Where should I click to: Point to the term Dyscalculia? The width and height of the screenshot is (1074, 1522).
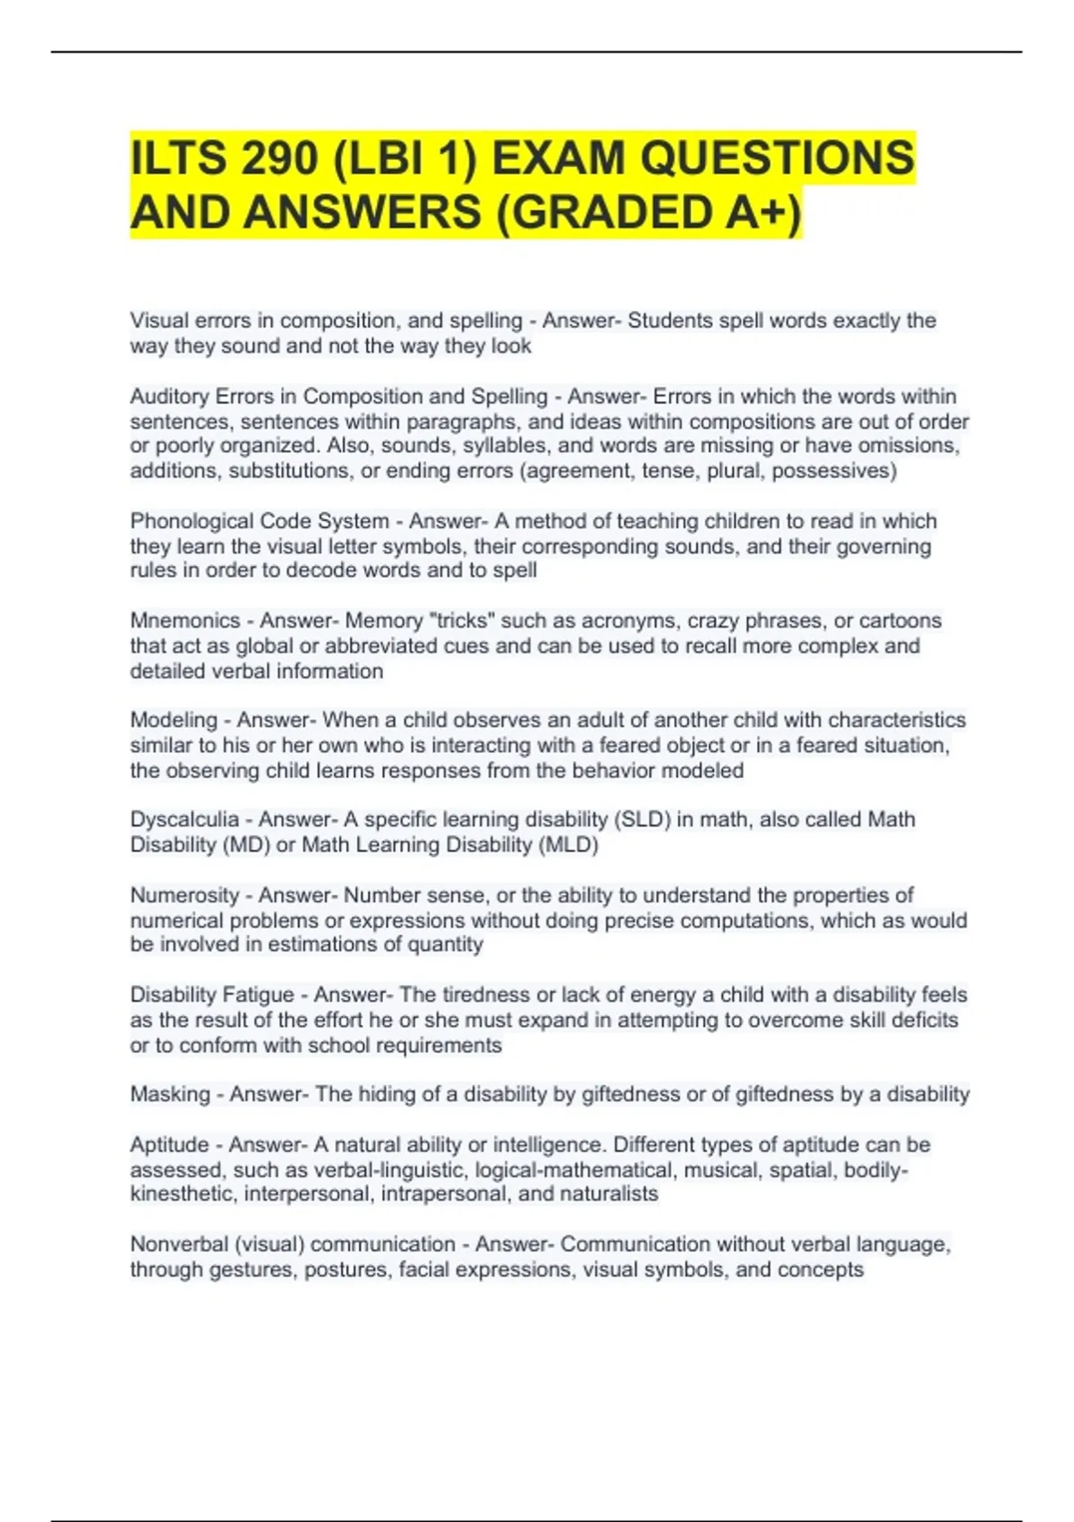click(x=184, y=819)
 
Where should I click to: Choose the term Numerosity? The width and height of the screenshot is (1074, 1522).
click(x=184, y=895)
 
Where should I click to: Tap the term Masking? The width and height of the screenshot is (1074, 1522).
click(x=169, y=1094)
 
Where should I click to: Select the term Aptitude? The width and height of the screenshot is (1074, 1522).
click(x=169, y=1144)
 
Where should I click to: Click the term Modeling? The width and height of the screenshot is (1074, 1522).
click(x=174, y=720)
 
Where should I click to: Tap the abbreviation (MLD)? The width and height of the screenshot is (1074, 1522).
click(x=568, y=844)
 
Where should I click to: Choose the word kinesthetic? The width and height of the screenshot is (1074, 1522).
click(x=182, y=1194)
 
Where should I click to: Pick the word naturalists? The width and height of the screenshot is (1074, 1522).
click(x=609, y=1194)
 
